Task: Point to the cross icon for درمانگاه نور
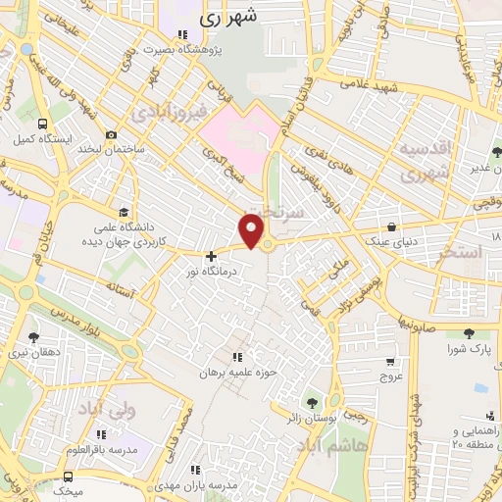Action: pyautogui.click(x=211, y=256)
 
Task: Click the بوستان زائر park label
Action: pyautogui.click(x=312, y=419)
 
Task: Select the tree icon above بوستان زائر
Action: pyautogui.click(x=313, y=402)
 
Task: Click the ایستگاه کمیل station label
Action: pyautogui.click(x=42, y=139)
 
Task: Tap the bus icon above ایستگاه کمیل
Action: pyautogui.click(x=42, y=125)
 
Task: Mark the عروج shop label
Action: pyautogui.click(x=391, y=376)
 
